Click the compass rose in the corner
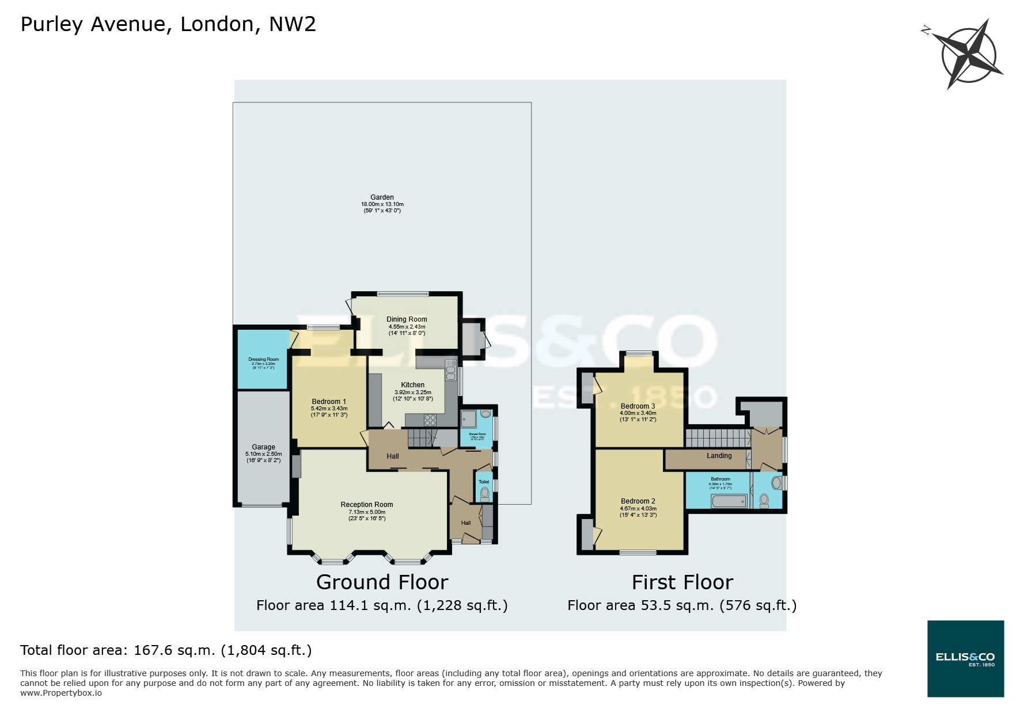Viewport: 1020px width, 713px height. point(968,55)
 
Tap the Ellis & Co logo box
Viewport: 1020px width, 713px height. point(965,658)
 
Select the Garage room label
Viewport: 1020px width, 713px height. point(263,447)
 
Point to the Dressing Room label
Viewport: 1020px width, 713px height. point(264,359)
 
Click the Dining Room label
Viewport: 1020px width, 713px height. point(407,319)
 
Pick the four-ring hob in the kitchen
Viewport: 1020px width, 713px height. point(430,419)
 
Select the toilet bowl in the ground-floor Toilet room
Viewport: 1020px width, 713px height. point(484,493)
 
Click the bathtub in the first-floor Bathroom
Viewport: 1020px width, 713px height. point(729,501)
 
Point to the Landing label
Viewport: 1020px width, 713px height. point(719,456)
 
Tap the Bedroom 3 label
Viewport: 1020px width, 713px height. point(637,406)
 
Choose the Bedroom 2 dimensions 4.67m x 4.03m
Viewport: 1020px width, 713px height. point(638,509)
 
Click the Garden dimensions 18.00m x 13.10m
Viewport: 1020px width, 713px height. point(382,204)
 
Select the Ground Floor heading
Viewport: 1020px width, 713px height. point(382,582)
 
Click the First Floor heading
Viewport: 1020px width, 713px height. point(682,582)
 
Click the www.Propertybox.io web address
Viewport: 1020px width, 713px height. point(61,693)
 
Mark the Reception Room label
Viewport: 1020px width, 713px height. point(366,505)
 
